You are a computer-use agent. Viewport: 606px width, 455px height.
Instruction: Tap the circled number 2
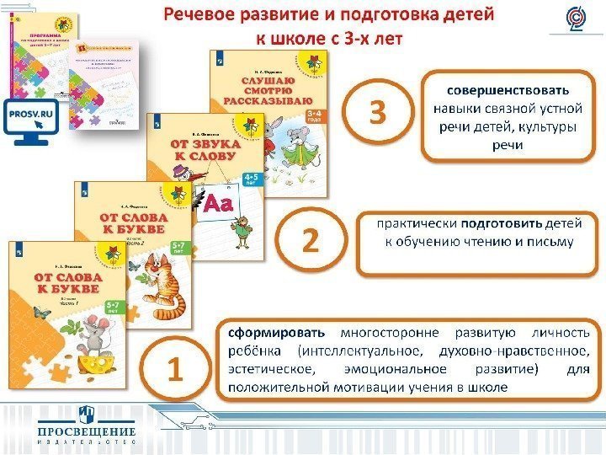(x=311, y=243)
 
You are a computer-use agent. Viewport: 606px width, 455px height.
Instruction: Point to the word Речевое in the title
(x=198, y=15)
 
